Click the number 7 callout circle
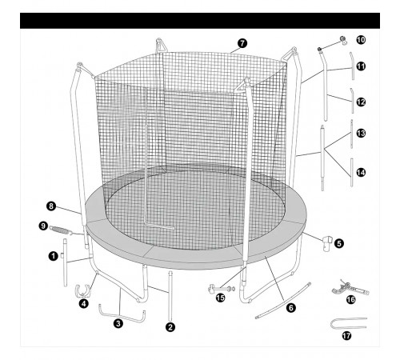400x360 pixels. pyautogui.click(x=242, y=43)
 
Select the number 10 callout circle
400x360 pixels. pyautogui.click(x=361, y=40)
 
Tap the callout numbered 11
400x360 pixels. pyautogui.click(x=361, y=66)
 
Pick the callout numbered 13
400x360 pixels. pyautogui.click(x=361, y=134)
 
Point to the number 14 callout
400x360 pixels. pyautogui.click(x=361, y=173)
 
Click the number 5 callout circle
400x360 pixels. pyautogui.click(x=339, y=243)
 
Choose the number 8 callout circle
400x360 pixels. pyautogui.click(x=51, y=206)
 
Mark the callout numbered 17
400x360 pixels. pyautogui.click(x=346, y=335)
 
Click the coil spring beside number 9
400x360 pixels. pyautogui.click(x=61, y=230)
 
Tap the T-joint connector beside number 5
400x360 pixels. pyautogui.click(x=327, y=242)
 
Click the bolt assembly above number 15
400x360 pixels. pyautogui.click(x=222, y=288)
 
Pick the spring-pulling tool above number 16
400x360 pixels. pyautogui.click(x=350, y=288)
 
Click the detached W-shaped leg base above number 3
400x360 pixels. pyautogui.click(x=122, y=317)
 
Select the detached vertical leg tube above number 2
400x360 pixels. pyautogui.click(x=170, y=296)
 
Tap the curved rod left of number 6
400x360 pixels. pyautogui.click(x=283, y=301)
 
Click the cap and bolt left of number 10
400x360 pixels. pyautogui.click(x=331, y=44)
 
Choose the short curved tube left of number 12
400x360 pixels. pyautogui.click(x=352, y=101)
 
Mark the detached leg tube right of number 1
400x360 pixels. pyautogui.click(x=65, y=262)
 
